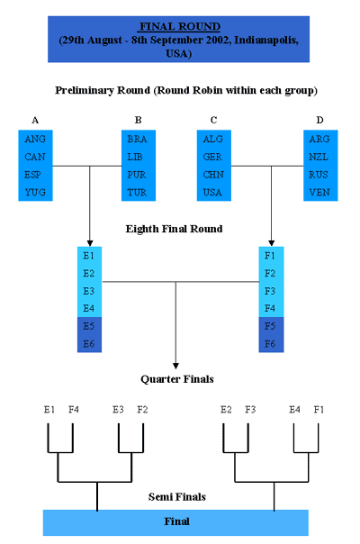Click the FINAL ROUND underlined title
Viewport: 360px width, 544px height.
pyautogui.click(x=180, y=27)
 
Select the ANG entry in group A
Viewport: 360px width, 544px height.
pyautogui.click(x=35, y=139)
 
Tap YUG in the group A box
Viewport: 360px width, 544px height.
pyautogui.click(x=35, y=192)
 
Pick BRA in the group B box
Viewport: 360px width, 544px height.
pyautogui.click(x=137, y=139)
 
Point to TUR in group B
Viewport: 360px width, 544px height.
pyautogui.click(x=137, y=192)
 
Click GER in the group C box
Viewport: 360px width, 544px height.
pyautogui.click(x=212, y=157)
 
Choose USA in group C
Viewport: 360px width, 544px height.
pyautogui.click(x=212, y=192)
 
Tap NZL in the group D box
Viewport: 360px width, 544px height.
pyautogui.click(x=319, y=157)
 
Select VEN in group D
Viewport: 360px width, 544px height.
pyautogui.click(x=319, y=192)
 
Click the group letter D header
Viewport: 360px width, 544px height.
pyautogui.click(x=319, y=120)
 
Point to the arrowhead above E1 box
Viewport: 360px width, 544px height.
pyautogui.click(x=90, y=243)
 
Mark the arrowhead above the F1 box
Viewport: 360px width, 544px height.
pyautogui.click(x=271, y=243)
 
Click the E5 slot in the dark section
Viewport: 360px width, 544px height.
pyautogui.click(x=89, y=326)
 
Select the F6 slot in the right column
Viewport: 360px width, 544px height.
pyautogui.click(x=270, y=344)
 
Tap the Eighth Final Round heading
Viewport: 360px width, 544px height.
pyautogui.click(x=174, y=229)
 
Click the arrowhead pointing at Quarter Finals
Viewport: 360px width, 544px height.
pyautogui.click(x=175, y=366)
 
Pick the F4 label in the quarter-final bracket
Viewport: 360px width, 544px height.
pyautogui.click(x=74, y=410)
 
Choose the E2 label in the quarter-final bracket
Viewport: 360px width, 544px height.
pyautogui.click(x=226, y=410)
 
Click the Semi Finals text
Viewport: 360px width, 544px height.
pyautogui.click(x=177, y=497)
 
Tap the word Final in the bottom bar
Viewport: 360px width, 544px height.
pyautogui.click(x=177, y=521)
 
